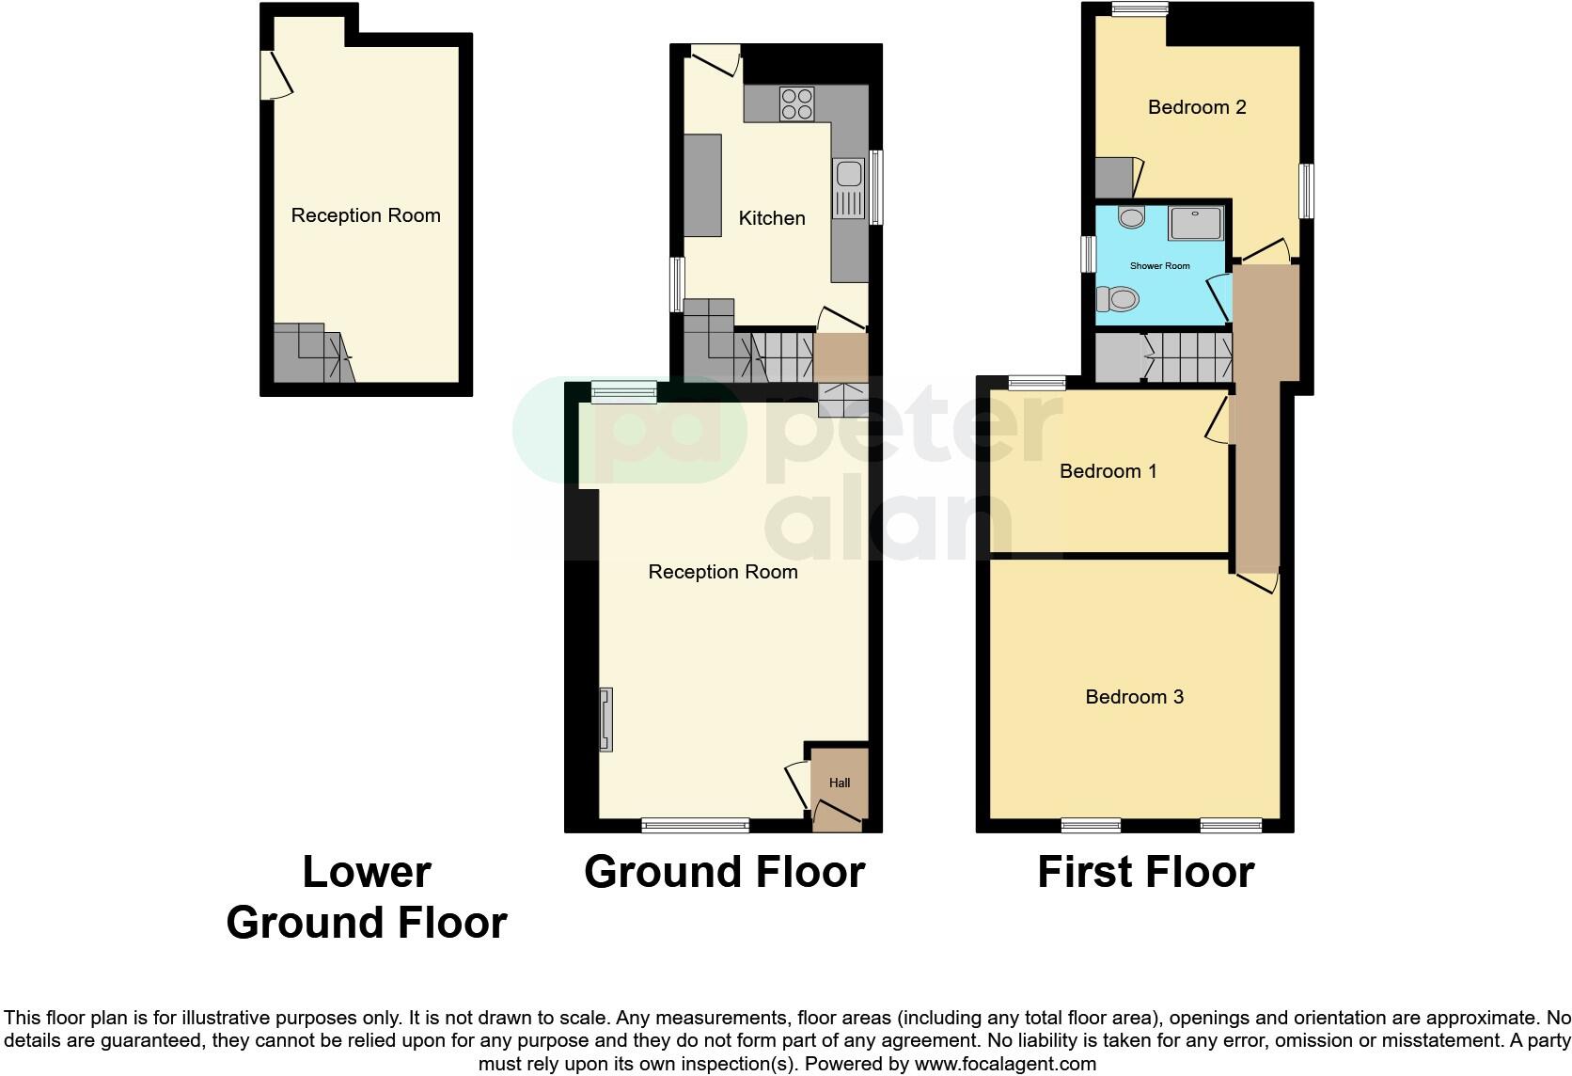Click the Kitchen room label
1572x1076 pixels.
point(772,218)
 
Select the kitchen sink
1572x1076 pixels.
point(848,175)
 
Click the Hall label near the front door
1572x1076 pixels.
point(840,783)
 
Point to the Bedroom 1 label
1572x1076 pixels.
point(1108,471)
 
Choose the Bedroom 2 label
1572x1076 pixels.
point(1197,107)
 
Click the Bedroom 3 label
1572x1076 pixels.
point(1134,697)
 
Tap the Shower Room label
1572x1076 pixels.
point(1159,266)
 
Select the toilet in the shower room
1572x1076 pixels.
point(1118,300)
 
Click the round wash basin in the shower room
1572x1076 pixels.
point(1131,218)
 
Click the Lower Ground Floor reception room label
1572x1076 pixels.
point(366,215)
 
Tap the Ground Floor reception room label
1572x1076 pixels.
point(722,572)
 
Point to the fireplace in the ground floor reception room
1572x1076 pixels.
point(606,720)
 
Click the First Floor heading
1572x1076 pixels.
point(1145,873)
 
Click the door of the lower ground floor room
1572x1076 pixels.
point(276,75)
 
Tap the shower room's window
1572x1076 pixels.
point(1088,253)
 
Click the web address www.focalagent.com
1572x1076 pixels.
point(1005,1064)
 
